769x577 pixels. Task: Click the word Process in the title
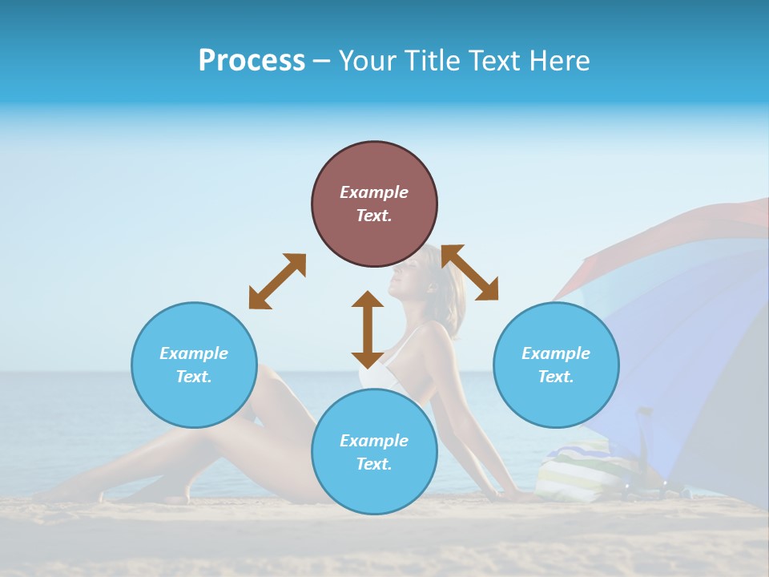click(252, 61)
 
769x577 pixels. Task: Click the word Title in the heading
click(426, 61)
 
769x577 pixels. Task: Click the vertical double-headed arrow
click(368, 329)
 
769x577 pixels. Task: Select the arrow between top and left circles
click(277, 281)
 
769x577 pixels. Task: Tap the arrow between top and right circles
click(470, 272)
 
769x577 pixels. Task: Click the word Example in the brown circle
click(374, 192)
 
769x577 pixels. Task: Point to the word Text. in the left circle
click(194, 377)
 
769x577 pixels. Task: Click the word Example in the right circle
click(556, 353)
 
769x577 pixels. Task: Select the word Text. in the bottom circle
click(374, 464)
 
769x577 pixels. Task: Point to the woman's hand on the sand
click(521, 497)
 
